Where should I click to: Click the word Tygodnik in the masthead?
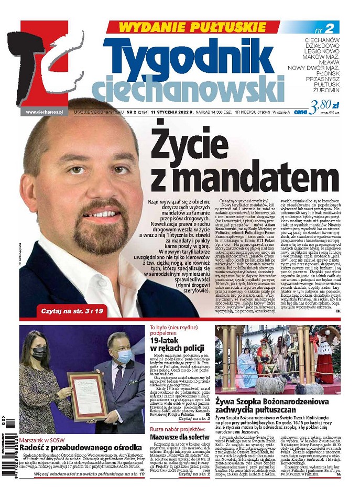click(193, 56)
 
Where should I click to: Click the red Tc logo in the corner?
click(50, 63)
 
